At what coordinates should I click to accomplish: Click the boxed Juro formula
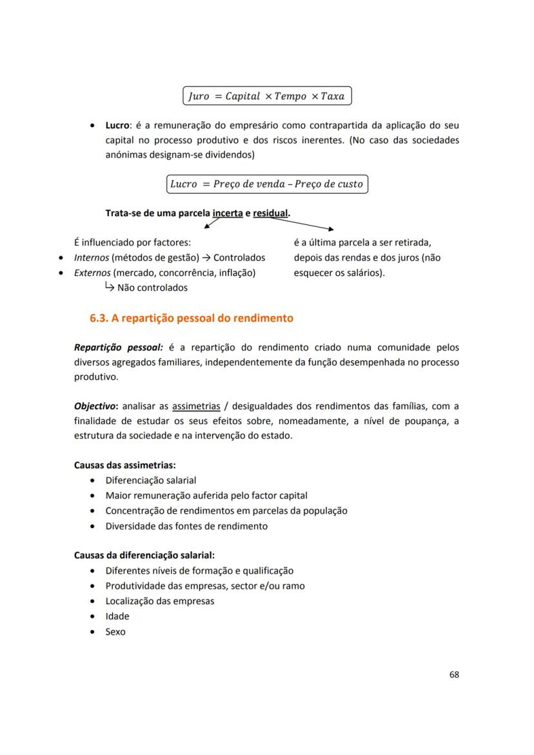tap(267, 96)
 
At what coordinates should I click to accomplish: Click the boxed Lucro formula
tap(267, 184)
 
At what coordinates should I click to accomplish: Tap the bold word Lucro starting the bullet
tap(118, 125)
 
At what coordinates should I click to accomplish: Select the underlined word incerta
tap(227, 213)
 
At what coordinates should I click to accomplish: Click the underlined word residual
tap(270, 213)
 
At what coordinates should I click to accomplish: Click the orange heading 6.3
tap(192, 318)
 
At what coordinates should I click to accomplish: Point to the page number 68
tap(454, 674)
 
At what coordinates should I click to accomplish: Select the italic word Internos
tap(92, 257)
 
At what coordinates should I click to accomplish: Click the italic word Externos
tap(92, 273)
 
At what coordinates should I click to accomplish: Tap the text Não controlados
tap(152, 288)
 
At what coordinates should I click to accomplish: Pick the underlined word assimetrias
tap(196, 406)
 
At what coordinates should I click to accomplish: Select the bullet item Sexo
tap(115, 632)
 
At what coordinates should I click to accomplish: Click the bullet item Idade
tap(117, 616)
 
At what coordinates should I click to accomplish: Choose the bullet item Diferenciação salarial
tap(151, 480)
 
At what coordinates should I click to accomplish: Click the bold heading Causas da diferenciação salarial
tap(144, 555)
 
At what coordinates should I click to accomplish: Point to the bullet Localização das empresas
tap(160, 601)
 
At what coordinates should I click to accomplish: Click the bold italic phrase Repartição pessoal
tap(118, 348)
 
